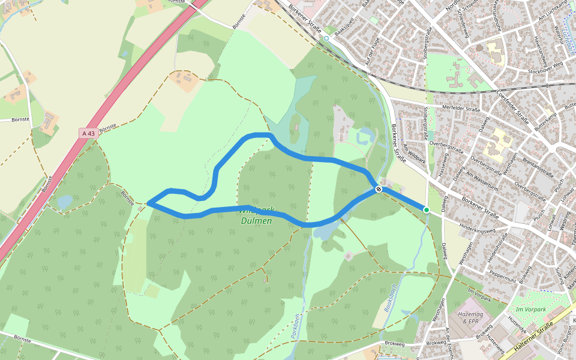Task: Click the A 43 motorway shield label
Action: coord(89,133)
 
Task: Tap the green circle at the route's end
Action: coord(426,210)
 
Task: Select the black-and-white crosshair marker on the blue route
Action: coord(379,189)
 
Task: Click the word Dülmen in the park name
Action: coord(256,221)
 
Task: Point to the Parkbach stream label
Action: coord(295,327)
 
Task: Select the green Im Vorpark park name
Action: coord(530,310)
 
